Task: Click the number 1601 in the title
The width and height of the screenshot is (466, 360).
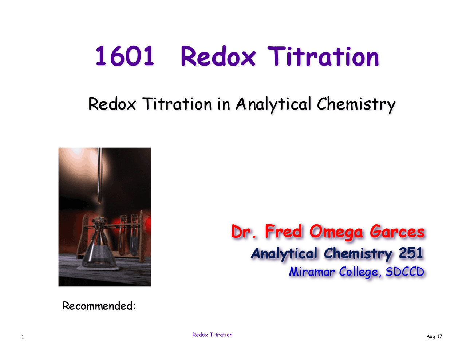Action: pyautogui.click(x=125, y=56)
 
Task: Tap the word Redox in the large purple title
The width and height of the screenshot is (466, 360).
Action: pyautogui.click(x=218, y=56)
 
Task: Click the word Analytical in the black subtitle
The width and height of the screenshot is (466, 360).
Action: pyautogui.click(x=273, y=104)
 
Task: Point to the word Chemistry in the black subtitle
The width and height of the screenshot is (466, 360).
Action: pyautogui.click(x=356, y=104)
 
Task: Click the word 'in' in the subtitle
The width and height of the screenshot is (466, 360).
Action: pyautogui.click(x=224, y=104)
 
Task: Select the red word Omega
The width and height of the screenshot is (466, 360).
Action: pyautogui.click(x=336, y=232)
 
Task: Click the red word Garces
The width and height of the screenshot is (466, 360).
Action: pyautogui.click(x=397, y=232)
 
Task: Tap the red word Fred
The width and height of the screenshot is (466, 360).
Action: pyautogui.click(x=283, y=232)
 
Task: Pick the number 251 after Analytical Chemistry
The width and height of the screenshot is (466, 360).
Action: pyautogui.click(x=411, y=253)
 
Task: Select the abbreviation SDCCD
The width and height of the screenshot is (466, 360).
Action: pyautogui.click(x=404, y=272)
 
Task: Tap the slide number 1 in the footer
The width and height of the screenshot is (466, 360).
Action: pyautogui.click(x=23, y=336)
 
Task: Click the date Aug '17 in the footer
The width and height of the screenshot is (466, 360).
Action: pyautogui.click(x=434, y=336)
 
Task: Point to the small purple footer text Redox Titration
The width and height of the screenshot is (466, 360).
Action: pyautogui.click(x=212, y=335)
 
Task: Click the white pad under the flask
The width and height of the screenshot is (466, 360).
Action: pyautogui.click(x=98, y=268)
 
